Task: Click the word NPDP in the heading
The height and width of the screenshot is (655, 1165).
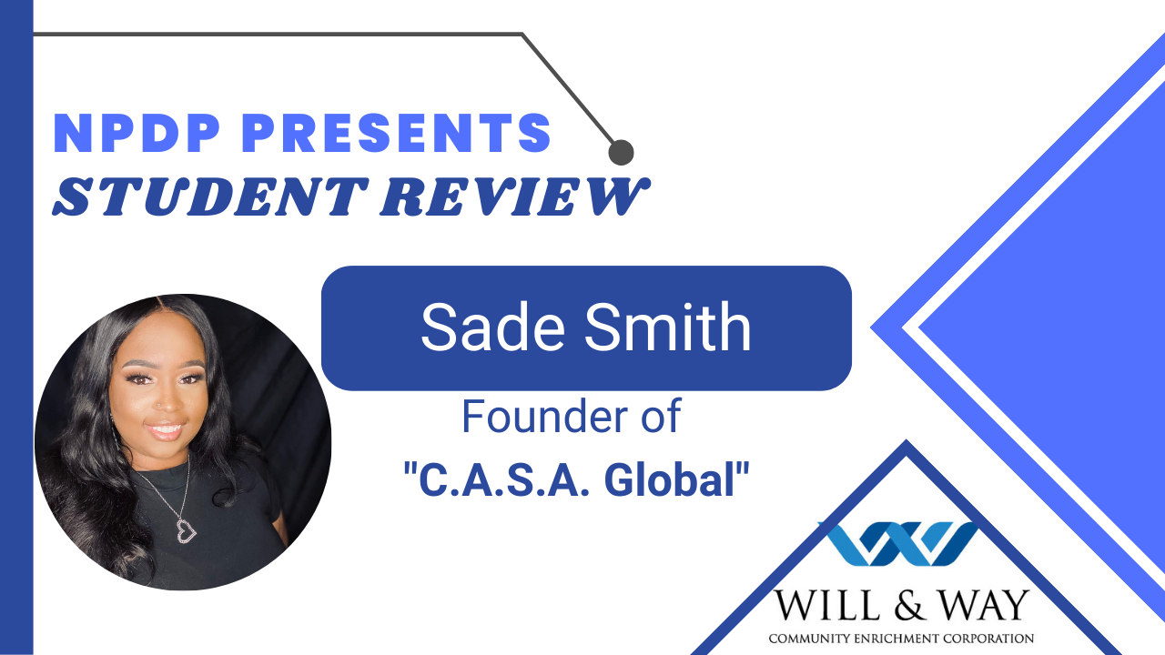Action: point(137,133)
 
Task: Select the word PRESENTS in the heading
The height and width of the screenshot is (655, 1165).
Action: point(396,133)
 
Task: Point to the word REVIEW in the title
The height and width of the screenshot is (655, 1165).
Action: point(515,196)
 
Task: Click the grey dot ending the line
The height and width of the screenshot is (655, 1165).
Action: point(621,152)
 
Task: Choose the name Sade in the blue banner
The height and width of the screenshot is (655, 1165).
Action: point(492,327)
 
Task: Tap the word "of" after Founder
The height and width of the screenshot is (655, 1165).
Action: point(661,416)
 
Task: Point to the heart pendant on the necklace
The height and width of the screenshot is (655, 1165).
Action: point(186,530)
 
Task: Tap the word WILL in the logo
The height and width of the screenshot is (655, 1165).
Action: point(827,606)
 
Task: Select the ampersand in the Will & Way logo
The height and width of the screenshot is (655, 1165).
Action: point(908,606)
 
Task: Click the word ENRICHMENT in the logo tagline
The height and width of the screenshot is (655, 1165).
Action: point(897,639)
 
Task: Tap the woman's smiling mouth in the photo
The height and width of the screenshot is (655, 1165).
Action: point(164,430)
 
